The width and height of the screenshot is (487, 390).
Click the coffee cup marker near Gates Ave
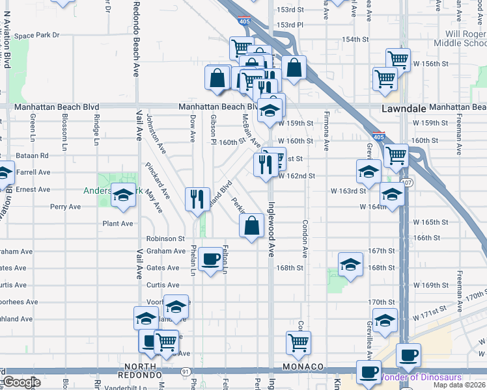tap(210, 259)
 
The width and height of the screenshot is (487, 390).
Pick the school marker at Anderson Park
tap(122, 196)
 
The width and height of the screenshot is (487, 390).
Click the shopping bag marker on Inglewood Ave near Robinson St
tap(251, 226)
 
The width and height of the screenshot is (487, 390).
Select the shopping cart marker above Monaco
tap(298, 343)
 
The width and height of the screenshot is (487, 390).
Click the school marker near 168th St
tap(350, 265)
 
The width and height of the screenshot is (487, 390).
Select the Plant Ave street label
tap(117, 224)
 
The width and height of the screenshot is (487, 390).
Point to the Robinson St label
tap(166, 239)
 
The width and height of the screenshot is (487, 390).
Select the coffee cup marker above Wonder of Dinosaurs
tap(408, 355)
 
